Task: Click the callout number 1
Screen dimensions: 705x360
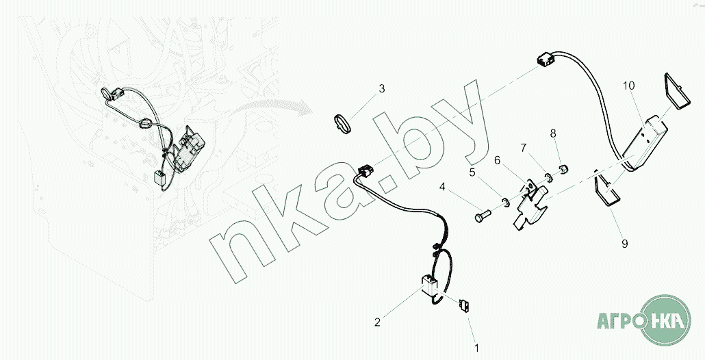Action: (x=476, y=347)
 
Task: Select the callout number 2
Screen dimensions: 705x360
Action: (x=376, y=321)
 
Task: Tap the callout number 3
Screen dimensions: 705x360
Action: (x=382, y=89)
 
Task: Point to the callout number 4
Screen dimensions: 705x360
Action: (x=443, y=186)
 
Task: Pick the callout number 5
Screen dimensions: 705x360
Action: (x=472, y=172)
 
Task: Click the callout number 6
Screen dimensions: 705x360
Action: (x=498, y=159)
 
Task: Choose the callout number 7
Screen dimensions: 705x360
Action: (x=523, y=147)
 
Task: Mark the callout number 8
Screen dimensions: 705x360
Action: (x=553, y=134)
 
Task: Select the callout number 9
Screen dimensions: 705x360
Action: (x=624, y=243)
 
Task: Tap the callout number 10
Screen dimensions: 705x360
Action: (x=628, y=86)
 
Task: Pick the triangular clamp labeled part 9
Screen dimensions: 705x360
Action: (x=606, y=189)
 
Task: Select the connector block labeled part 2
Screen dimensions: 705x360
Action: (x=429, y=284)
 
